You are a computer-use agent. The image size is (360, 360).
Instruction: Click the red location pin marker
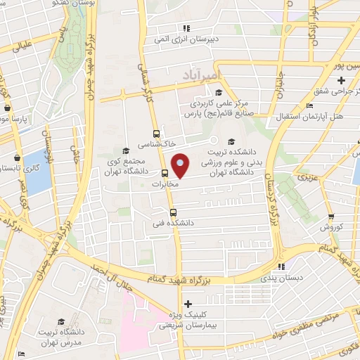point(181,167)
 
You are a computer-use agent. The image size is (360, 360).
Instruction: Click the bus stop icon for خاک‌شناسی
point(156,134)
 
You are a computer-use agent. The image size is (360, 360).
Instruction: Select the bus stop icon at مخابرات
point(165,173)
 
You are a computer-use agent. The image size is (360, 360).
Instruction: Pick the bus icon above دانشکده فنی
point(173,212)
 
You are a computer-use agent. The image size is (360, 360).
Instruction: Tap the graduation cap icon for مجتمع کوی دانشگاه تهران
point(126,150)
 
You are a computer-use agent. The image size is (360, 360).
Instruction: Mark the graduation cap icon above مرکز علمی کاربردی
point(219,93)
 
